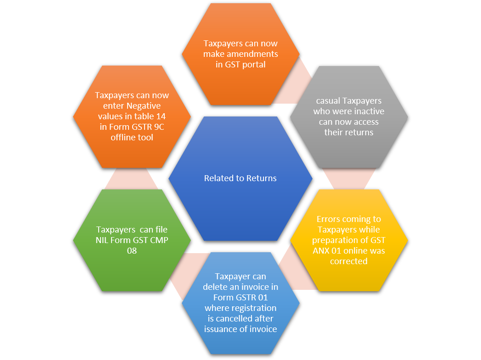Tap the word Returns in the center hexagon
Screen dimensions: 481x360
261,178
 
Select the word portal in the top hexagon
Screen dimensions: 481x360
254,65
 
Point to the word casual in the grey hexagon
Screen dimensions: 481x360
328,101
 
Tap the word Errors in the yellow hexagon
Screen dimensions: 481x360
328,219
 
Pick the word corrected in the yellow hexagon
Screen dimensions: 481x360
349,261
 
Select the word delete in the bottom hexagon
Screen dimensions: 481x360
214,287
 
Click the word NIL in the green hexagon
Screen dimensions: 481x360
102,240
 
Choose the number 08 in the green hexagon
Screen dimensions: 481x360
132,250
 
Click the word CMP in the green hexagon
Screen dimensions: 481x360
159,240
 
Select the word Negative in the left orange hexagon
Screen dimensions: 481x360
144,106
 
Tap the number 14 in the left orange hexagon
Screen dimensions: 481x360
161,116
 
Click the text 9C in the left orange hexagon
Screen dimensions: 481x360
159,127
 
